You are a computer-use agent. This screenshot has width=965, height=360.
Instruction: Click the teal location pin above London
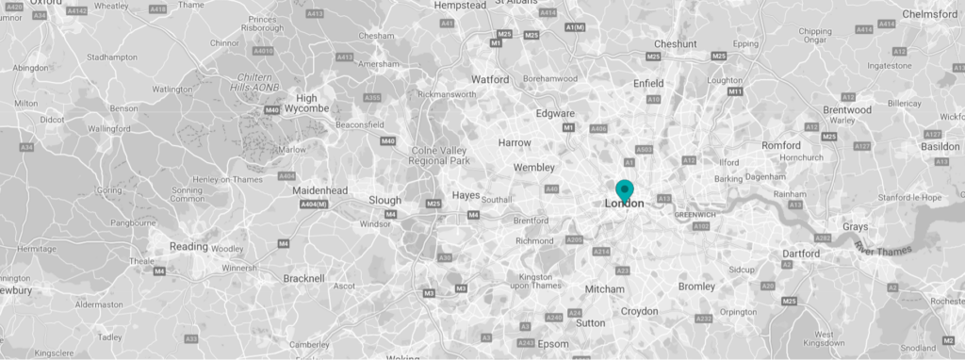coord(624,188)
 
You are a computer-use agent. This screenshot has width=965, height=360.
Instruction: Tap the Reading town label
coord(188,247)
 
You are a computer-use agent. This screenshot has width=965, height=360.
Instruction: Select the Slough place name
coord(384,200)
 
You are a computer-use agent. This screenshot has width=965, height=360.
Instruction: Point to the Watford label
coord(490,79)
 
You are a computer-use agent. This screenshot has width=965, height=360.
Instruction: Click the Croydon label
coord(639,311)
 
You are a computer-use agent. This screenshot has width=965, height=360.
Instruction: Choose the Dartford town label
coord(801,254)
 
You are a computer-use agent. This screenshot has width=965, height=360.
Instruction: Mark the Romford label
coord(782,146)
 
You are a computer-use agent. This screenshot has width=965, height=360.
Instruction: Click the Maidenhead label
coord(321,190)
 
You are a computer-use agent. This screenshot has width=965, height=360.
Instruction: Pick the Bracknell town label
coord(303,278)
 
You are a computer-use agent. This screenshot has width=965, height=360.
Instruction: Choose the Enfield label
coord(648,84)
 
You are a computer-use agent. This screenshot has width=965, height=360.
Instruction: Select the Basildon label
coord(940,147)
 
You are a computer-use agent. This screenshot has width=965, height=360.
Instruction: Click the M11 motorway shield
coord(735,91)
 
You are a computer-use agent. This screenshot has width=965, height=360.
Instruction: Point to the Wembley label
coord(533,168)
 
